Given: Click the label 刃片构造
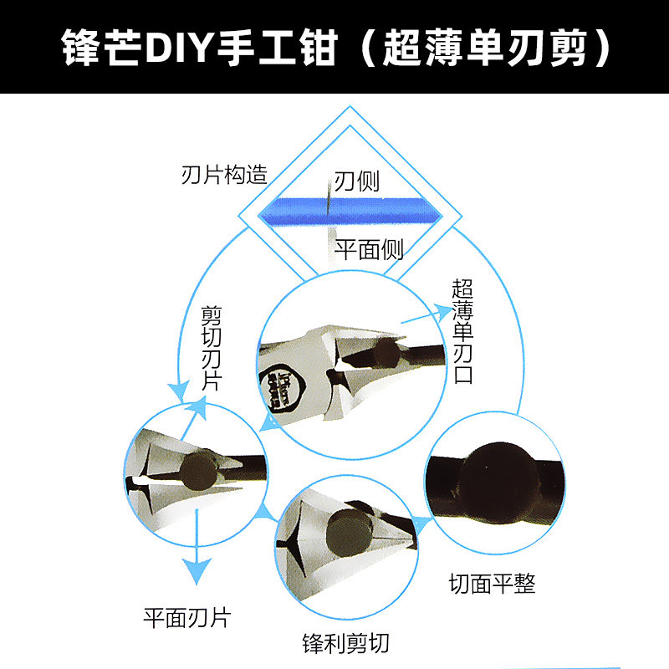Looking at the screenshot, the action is (225, 176).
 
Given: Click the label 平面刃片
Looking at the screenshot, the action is (186, 617).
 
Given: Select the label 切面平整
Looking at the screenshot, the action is (492, 584).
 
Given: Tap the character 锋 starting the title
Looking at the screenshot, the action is (82, 49).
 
